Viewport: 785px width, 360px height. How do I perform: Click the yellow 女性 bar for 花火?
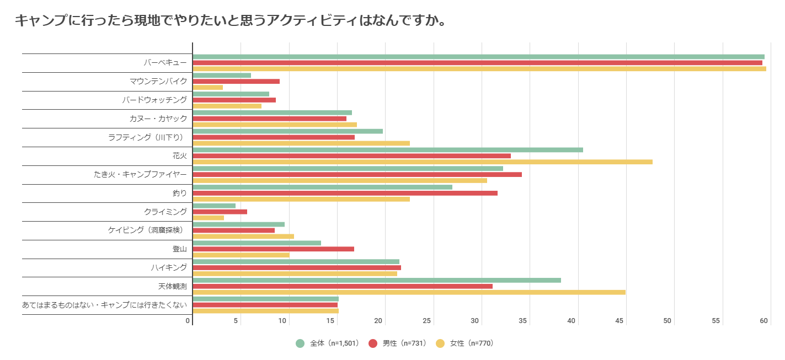click(x=423, y=162)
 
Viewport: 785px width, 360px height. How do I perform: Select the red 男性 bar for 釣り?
click(x=345, y=193)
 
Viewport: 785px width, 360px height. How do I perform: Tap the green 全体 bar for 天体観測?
click(x=377, y=280)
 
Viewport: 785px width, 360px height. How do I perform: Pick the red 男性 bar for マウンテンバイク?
click(x=236, y=81)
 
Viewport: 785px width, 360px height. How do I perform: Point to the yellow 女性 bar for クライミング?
click(x=209, y=218)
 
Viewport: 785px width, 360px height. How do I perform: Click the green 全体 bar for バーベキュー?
click(x=478, y=57)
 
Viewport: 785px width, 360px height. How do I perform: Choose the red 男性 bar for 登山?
click(x=274, y=249)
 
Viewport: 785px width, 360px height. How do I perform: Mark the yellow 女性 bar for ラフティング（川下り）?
click(x=301, y=143)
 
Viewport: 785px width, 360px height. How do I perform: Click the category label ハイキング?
click(x=169, y=267)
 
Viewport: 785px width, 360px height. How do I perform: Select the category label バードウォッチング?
click(x=154, y=100)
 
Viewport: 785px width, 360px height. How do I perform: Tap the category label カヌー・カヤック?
click(x=158, y=119)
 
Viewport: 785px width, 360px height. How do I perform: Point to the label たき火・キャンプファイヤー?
click(x=140, y=175)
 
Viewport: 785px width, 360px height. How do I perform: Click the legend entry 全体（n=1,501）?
click(x=328, y=343)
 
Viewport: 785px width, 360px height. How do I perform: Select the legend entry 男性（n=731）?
click(x=397, y=343)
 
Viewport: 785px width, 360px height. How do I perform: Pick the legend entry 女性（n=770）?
click(x=465, y=343)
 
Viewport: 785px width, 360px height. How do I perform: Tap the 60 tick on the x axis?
click(x=765, y=321)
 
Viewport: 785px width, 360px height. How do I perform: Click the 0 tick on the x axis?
click(x=188, y=321)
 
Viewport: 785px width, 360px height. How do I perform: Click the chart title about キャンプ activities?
click(x=230, y=20)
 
